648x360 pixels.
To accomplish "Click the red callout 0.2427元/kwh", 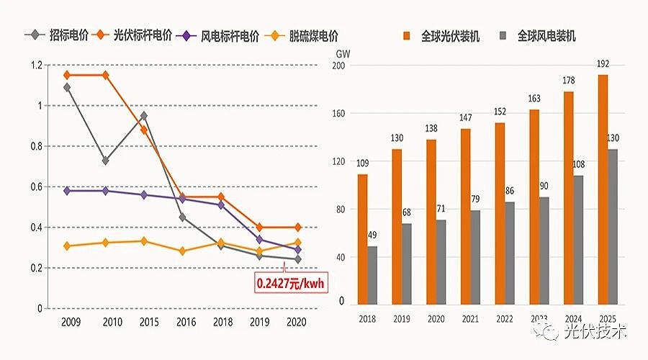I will pos(290,283).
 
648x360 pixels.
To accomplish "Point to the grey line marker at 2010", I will pos(106,161).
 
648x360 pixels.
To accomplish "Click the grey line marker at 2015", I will pos(143,116).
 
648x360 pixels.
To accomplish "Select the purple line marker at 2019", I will pos(260,240).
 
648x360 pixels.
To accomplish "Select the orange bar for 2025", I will pos(603,189).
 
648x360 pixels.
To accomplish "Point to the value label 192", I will pos(603,63).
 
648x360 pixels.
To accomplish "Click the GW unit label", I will pos(343,53).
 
